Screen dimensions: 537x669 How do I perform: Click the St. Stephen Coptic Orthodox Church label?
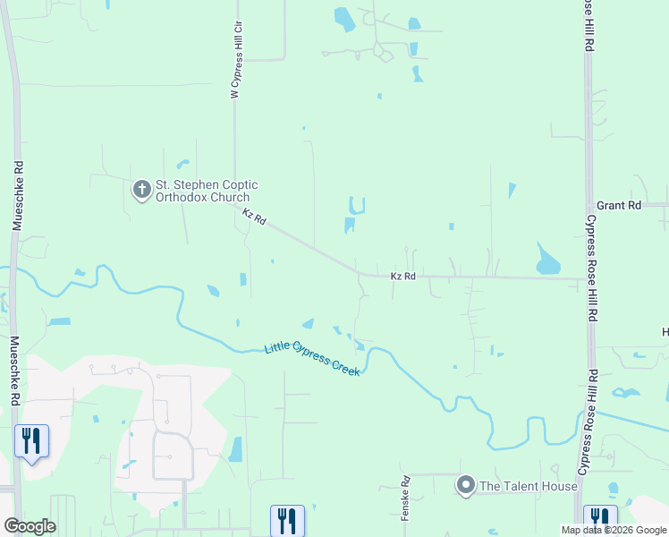[x=207, y=191]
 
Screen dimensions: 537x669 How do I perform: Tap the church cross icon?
[x=141, y=190]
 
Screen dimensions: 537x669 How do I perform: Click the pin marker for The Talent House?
[x=465, y=486]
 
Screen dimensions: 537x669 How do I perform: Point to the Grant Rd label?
[x=619, y=206]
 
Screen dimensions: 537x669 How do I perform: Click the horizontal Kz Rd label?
[x=403, y=277]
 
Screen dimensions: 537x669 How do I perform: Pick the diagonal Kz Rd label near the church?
[x=255, y=217]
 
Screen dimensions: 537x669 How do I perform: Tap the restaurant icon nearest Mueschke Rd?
[x=31, y=441]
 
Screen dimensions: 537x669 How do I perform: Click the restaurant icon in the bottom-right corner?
[x=600, y=519]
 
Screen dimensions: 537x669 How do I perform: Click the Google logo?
[x=30, y=526]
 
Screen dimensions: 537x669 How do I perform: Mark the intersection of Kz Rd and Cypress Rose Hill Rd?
[x=588, y=278]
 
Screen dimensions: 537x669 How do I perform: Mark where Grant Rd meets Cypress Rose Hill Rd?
[x=589, y=205]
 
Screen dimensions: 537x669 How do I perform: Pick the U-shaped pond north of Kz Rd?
[x=357, y=206]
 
